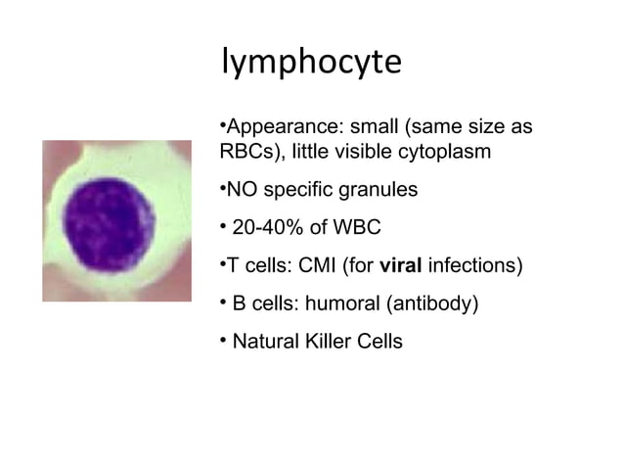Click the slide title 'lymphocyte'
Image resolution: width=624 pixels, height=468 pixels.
(312, 63)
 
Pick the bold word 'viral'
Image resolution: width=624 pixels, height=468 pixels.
(401, 265)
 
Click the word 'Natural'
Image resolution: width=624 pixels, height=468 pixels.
(266, 343)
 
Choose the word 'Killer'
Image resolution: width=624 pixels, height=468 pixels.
(332, 343)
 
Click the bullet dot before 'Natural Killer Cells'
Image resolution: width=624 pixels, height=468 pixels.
(222, 341)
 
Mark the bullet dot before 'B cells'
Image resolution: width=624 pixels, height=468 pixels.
(222, 302)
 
